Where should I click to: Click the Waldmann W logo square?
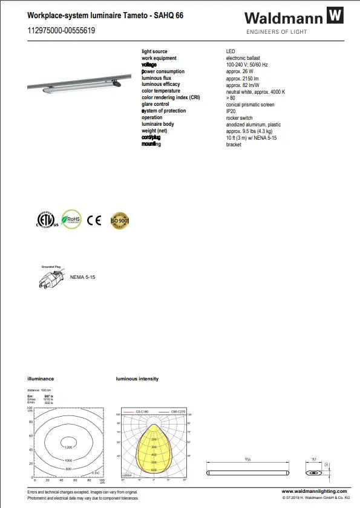(x=335, y=16)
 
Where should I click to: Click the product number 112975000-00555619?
(x=61, y=30)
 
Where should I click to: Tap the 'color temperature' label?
(x=161, y=91)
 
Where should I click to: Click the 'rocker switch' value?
(x=240, y=118)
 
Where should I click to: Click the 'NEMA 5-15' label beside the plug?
(x=83, y=276)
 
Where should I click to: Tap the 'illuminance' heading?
(x=41, y=379)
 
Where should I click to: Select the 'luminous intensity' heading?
(x=137, y=379)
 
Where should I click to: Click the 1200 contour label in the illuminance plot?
(x=68, y=447)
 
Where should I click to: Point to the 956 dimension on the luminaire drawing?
(x=248, y=460)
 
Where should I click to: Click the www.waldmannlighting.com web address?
(x=315, y=491)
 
